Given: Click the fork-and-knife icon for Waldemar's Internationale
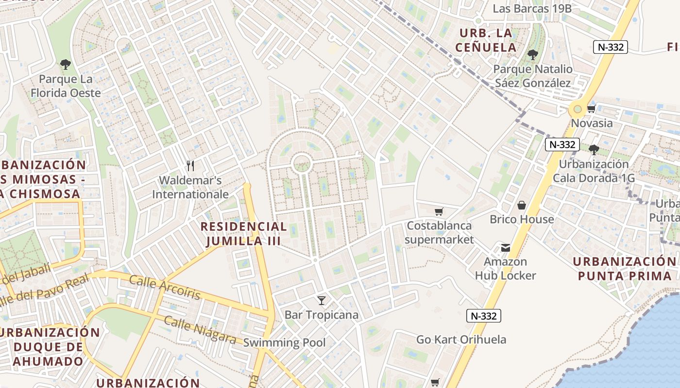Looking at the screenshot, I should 190,166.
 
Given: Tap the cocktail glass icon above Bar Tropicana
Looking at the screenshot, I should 321,300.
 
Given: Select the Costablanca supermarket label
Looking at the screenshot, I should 439,232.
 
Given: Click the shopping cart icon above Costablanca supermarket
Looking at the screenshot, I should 439,211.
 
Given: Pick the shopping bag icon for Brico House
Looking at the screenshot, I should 522,205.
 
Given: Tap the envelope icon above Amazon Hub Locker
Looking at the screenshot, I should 505,248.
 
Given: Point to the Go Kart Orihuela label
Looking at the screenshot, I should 461,339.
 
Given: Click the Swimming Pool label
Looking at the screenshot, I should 284,342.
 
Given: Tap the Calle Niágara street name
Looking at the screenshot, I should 200,330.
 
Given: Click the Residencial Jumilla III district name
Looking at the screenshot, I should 244,234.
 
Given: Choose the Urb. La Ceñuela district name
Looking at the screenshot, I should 486,40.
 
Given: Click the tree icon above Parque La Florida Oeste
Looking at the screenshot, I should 65,64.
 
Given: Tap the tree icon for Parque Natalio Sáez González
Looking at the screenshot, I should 533,54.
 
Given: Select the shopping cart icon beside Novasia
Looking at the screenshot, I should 591,109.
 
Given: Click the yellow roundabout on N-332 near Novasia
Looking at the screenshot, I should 578,109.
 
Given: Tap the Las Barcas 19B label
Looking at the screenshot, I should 532,9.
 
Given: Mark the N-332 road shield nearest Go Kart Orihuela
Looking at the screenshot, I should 483,316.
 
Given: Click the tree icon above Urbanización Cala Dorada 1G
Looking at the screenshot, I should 594,149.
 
